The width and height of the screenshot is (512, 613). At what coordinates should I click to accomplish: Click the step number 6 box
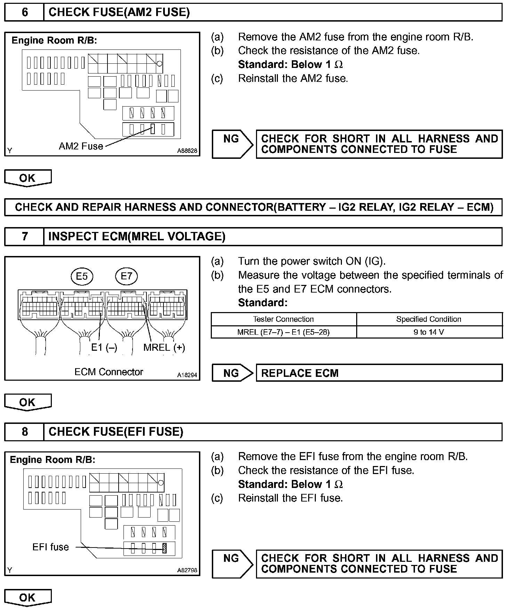pyautogui.click(x=24, y=13)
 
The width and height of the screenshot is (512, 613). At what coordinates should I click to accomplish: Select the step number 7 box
pyautogui.click(x=24, y=236)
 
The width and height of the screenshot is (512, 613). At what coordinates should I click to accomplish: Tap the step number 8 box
pyautogui.click(x=24, y=432)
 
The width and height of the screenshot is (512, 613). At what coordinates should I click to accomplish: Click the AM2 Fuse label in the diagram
pyautogui.click(x=81, y=146)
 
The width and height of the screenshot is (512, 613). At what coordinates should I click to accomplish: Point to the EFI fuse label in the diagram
pyautogui.click(x=50, y=547)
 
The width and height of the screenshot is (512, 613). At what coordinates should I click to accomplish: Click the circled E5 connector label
pyautogui.click(x=82, y=276)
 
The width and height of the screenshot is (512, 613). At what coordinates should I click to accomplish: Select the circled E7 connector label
pyautogui.click(x=126, y=276)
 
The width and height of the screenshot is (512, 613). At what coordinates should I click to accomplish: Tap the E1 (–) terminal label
pyautogui.click(x=104, y=347)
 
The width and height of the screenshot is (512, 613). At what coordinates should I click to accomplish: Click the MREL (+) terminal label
pyautogui.click(x=164, y=347)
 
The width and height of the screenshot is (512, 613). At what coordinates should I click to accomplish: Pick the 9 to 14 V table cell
pyautogui.click(x=429, y=332)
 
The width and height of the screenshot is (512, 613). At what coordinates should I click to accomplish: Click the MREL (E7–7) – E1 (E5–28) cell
pyautogui.click(x=283, y=332)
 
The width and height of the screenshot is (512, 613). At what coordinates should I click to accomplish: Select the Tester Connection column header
pyautogui.click(x=283, y=319)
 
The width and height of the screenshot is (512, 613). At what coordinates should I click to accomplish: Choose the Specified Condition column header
pyautogui.click(x=429, y=319)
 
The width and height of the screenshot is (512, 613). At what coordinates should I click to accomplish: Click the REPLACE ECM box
pyautogui.click(x=379, y=373)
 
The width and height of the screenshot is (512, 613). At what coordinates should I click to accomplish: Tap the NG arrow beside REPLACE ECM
pyautogui.click(x=232, y=373)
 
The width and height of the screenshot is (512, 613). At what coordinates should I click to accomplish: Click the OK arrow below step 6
pyautogui.click(x=27, y=178)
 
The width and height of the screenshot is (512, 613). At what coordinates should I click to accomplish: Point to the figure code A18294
pyautogui.click(x=187, y=375)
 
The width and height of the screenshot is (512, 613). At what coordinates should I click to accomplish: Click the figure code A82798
pyautogui.click(x=187, y=570)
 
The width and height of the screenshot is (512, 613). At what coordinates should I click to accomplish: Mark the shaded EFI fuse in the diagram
pyautogui.click(x=165, y=549)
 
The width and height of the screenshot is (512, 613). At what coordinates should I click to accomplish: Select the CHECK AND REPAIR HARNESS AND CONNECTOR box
pyautogui.click(x=254, y=207)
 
